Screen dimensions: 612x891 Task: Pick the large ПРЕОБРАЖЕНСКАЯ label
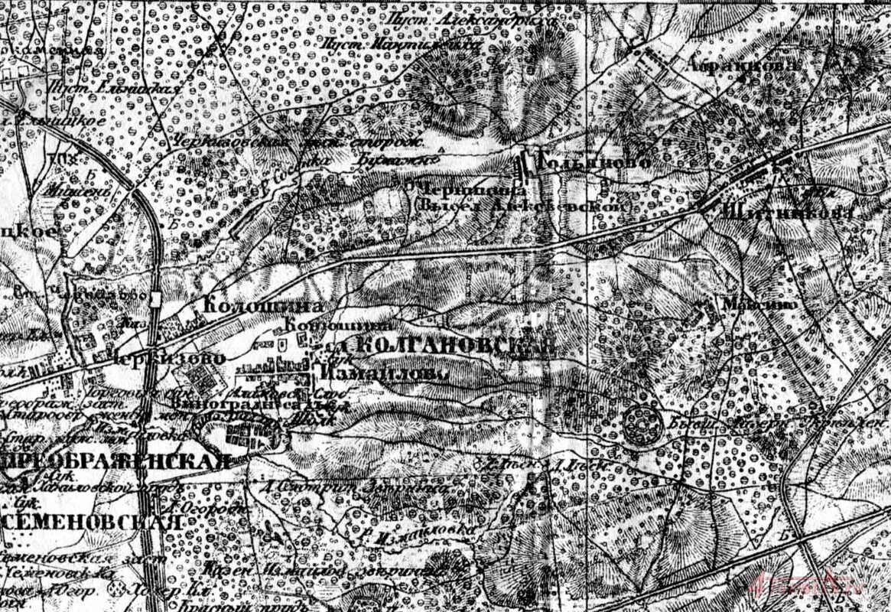115,461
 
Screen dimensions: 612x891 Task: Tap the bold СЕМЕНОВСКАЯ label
92,522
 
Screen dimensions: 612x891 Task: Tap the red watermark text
795,588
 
